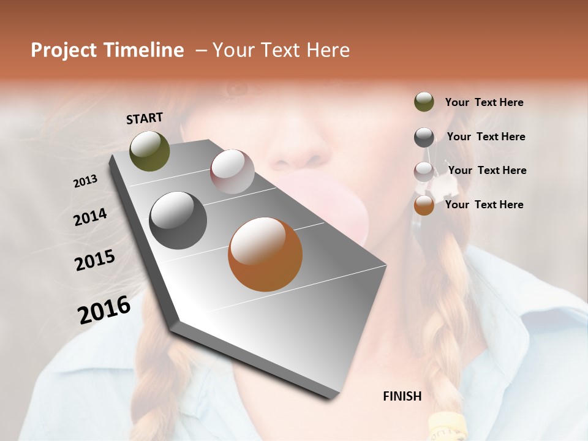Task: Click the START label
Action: [145, 118]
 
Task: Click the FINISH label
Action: [402, 396]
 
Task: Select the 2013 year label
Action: [86, 181]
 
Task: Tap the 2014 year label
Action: [90, 217]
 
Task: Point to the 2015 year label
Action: [95, 260]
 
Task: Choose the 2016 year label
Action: [104, 309]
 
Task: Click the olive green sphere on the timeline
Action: [150, 151]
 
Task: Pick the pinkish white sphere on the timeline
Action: [232, 171]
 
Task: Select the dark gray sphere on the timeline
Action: [178, 221]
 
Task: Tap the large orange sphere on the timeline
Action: [265, 254]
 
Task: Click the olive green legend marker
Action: [424, 102]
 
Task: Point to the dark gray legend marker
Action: [424, 137]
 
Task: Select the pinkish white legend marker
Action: [424, 171]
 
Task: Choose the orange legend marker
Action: [424, 205]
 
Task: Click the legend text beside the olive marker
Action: [484, 103]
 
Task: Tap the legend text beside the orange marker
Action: [484, 205]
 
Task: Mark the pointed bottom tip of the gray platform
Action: [334, 397]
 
